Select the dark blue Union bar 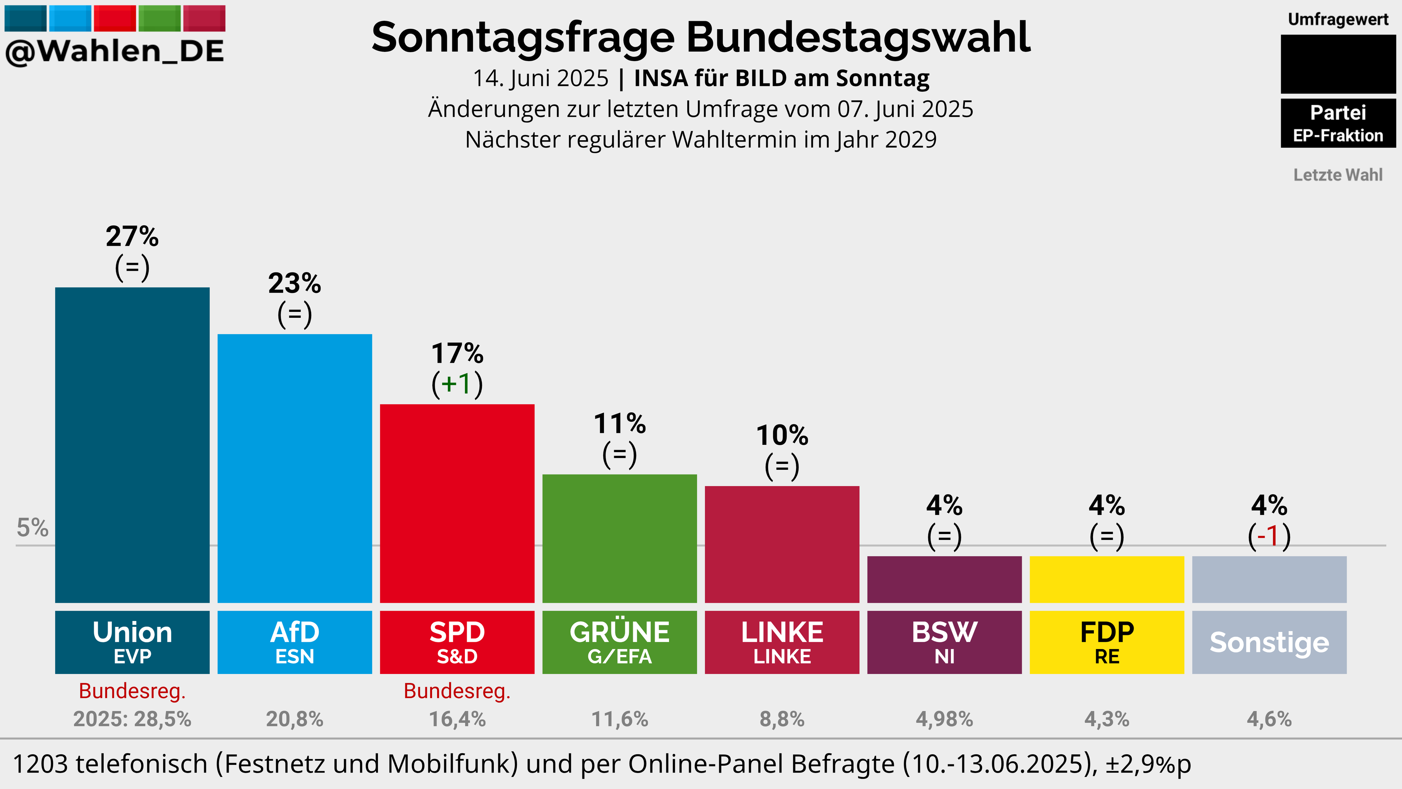(x=132, y=445)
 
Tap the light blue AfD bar (x=294, y=468)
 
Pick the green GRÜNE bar (x=619, y=538)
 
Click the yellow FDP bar (x=1107, y=579)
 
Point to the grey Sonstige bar (x=1269, y=579)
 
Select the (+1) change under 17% (x=457, y=384)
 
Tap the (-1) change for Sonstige (x=1269, y=536)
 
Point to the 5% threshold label (x=33, y=527)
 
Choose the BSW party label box (x=944, y=642)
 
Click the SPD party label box (x=457, y=642)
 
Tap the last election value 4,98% (x=944, y=719)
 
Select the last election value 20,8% (x=294, y=719)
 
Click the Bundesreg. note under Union (x=132, y=691)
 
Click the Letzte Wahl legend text (x=1338, y=175)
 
